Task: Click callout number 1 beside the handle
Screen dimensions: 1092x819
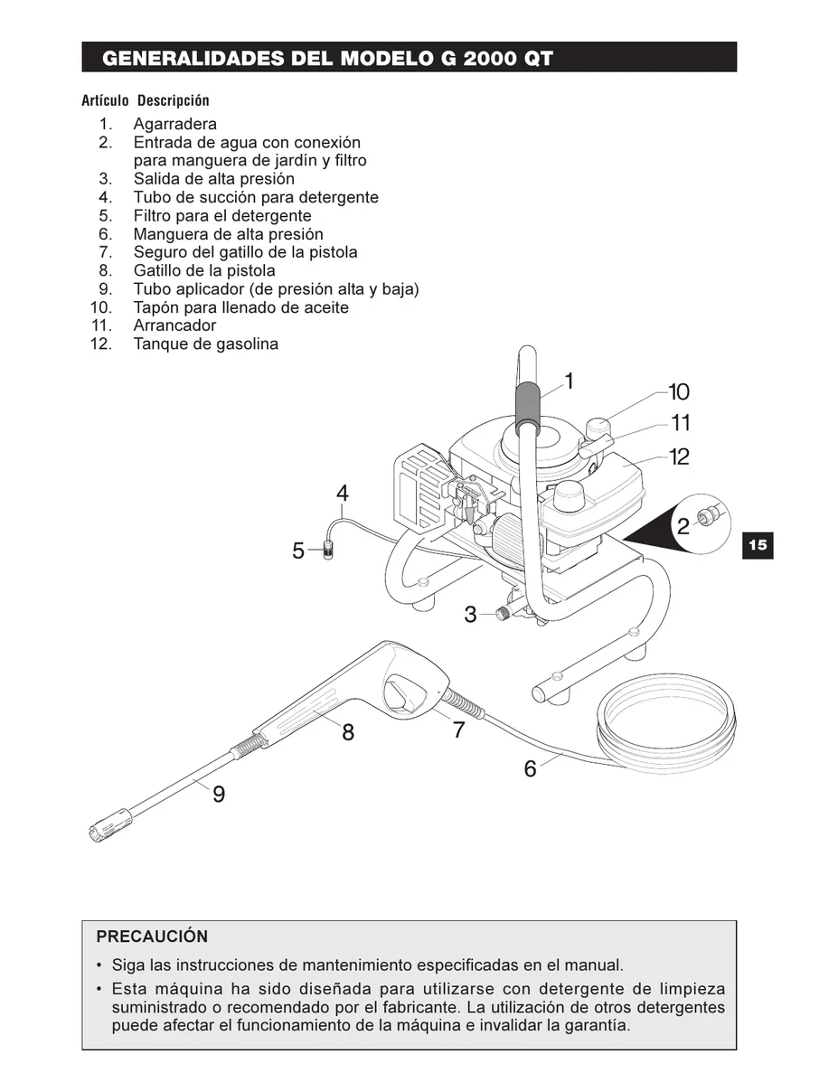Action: [569, 381]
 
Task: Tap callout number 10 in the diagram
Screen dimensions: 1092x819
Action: [678, 392]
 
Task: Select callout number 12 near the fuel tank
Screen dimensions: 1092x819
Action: [679, 457]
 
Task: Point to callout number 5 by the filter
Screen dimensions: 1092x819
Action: [298, 551]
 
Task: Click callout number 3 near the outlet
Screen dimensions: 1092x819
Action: [470, 616]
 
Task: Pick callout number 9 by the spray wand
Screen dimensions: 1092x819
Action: [219, 795]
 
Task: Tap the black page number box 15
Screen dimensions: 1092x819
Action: [757, 545]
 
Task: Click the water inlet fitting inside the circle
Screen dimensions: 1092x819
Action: [711, 517]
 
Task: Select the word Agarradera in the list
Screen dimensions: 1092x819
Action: [175, 124]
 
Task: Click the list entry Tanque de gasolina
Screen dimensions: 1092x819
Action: [206, 344]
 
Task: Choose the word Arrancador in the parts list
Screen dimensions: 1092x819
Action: [175, 325]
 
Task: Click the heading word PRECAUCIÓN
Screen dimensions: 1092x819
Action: [152, 937]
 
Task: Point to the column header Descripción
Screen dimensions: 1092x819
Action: [174, 100]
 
